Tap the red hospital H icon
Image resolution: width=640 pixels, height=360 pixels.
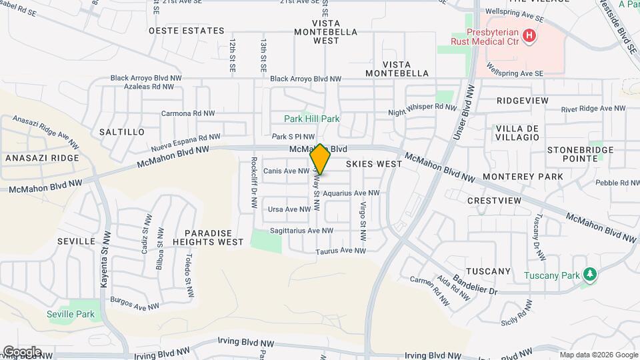[529, 35]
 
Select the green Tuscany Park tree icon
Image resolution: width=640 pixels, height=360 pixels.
[589, 275]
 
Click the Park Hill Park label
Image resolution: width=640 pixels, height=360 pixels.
[312, 119]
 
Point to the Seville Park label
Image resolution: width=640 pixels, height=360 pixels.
[71, 314]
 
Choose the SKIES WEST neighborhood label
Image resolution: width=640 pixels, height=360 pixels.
[374, 163]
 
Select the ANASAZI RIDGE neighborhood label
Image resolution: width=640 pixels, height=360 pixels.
[42, 158]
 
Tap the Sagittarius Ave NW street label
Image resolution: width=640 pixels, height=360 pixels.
[301, 231]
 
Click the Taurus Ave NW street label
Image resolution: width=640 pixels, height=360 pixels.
[341, 251]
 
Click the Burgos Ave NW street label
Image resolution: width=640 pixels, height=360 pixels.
[135, 303]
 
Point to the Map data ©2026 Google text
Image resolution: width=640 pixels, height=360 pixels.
[599, 355]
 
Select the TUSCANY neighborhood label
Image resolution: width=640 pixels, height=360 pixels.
[488, 271]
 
